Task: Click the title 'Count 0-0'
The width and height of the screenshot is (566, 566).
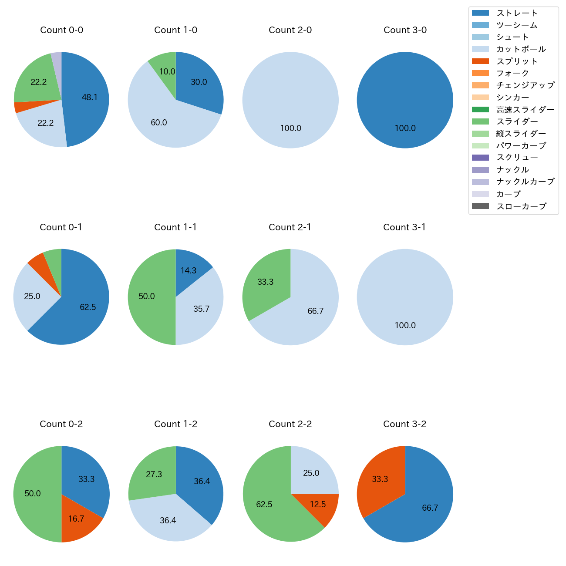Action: pyautogui.click(x=61, y=30)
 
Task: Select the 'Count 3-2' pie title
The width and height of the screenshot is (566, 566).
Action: pyautogui.click(x=404, y=424)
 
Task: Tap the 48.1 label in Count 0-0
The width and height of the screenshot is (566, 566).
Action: pyautogui.click(x=90, y=98)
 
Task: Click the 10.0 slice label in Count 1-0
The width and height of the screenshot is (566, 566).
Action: pyautogui.click(x=167, y=72)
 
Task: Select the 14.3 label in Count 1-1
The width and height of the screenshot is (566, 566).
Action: pyautogui.click(x=189, y=271)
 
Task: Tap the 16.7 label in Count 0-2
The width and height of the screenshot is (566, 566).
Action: pyautogui.click(x=76, y=519)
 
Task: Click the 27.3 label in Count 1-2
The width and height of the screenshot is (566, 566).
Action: pyautogui.click(x=154, y=475)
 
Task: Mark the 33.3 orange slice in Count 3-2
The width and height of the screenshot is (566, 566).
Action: pyautogui.click(x=380, y=479)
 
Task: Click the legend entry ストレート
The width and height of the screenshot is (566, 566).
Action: pyautogui.click(x=517, y=13)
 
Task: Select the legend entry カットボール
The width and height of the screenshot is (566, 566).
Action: pyautogui.click(x=521, y=49)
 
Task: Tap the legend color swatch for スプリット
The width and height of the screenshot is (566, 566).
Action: pyautogui.click(x=480, y=61)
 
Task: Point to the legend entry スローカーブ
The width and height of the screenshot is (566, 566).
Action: pyautogui.click(x=521, y=206)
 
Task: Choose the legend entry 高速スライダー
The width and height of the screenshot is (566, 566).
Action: pyautogui.click(x=525, y=110)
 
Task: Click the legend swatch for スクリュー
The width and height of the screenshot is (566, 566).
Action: pyautogui.click(x=480, y=158)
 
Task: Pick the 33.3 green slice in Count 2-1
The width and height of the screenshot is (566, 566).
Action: pyautogui.click(x=266, y=282)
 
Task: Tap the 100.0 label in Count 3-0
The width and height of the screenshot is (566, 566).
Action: pyautogui.click(x=405, y=128)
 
